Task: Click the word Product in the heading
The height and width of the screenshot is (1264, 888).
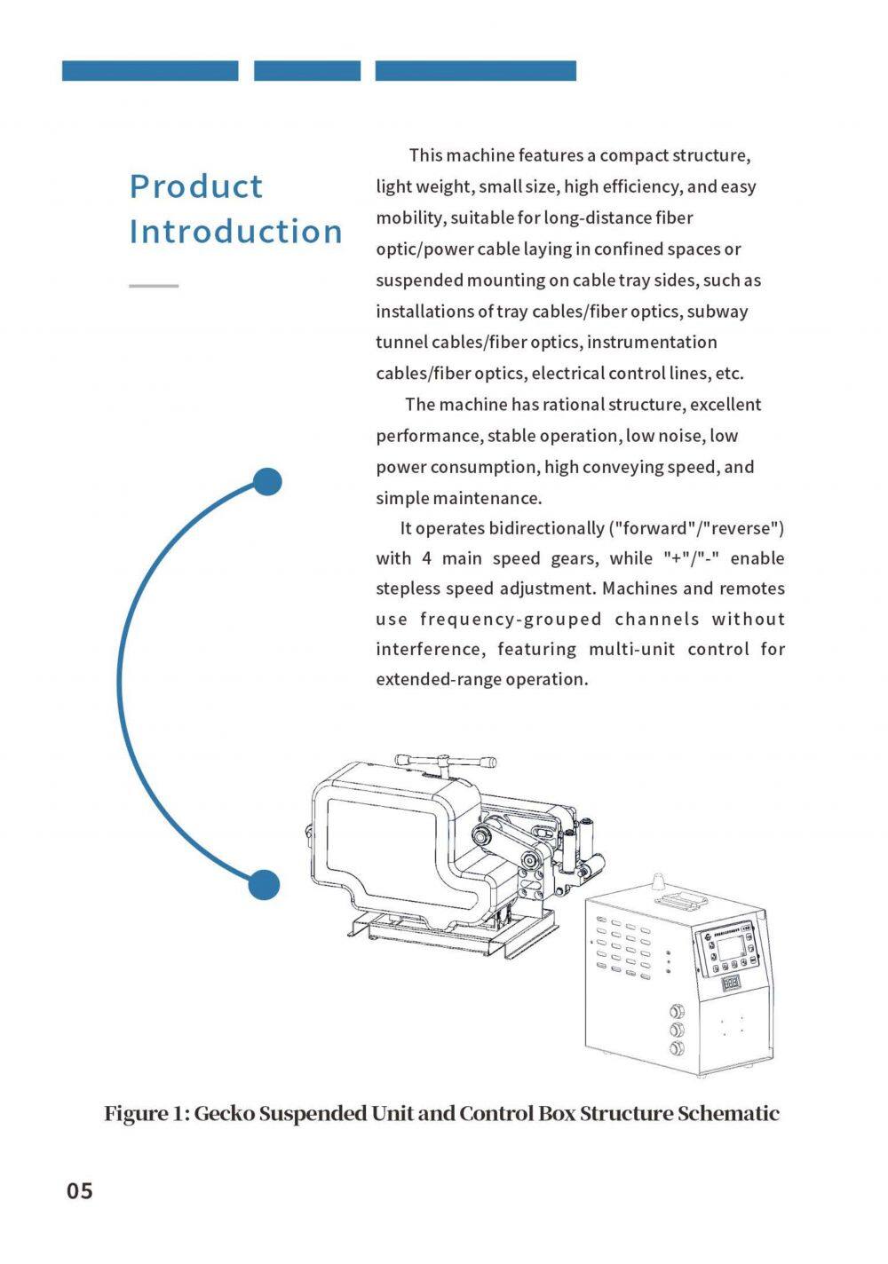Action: pyautogui.click(x=196, y=186)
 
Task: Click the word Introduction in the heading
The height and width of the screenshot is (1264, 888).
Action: pyautogui.click(x=236, y=232)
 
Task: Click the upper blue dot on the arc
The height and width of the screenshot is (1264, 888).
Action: pyautogui.click(x=267, y=482)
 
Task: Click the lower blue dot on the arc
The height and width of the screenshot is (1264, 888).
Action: pyautogui.click(x=264, y=885)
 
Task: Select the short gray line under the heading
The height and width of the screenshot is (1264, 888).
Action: pyautogui.click(x=154, y=286)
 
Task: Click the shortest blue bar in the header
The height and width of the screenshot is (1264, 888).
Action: pyautogui.click(x=307, y=71)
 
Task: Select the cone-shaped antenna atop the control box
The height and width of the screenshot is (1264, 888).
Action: pyautogui.click(x=659, y=881)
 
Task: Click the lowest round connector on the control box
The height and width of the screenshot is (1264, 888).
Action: pyautogui.click(x=678, y=1048)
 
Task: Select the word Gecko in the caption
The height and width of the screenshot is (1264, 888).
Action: pyautogui.click(x=224, y=1113)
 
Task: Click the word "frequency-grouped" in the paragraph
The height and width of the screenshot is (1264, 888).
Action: pyautogui.click(x=511, y=620)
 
